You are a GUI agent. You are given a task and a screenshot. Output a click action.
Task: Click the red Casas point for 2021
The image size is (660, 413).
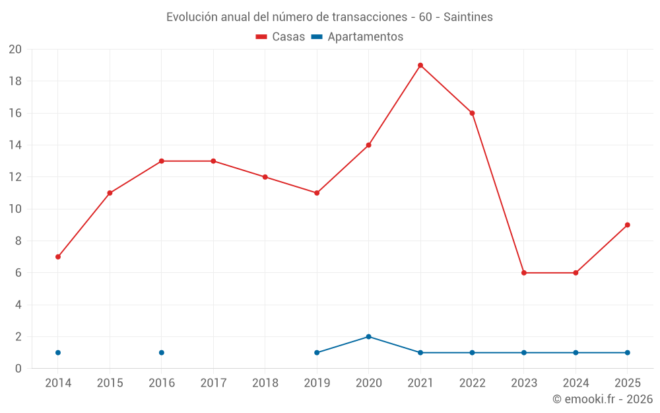pos(420,65)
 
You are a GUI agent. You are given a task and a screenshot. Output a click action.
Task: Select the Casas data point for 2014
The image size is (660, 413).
pos(58,256)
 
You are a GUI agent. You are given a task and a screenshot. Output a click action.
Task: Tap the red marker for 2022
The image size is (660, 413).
pos(472,113)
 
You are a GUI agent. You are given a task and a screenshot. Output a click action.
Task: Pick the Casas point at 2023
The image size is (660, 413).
pos(524,273)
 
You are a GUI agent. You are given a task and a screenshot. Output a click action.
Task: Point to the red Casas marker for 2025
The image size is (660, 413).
pos(627,225)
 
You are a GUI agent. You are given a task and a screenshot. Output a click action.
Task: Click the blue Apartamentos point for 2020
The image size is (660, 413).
pos(368,336)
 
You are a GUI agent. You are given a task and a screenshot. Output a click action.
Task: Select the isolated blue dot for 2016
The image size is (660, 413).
pos(162,352)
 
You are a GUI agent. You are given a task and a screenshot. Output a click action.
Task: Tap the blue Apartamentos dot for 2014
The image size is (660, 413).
pos(58,352)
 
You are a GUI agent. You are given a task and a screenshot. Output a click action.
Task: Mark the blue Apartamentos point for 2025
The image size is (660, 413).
pos(627,352)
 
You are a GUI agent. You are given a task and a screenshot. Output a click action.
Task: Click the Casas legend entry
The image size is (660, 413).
pos(280,37)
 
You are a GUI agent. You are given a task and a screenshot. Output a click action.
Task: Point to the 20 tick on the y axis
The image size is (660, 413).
pos(15,50)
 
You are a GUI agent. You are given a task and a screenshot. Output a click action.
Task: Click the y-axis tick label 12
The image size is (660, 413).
pos(15,177)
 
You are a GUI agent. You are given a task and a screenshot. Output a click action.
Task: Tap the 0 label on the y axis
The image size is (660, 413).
pos(18,369)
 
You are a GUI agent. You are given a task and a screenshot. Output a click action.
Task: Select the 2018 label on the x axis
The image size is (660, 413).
pos(265,383)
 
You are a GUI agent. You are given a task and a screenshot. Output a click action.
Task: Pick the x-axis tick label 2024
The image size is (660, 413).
pos(576,383)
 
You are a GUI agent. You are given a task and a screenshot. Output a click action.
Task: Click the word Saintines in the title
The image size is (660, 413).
pos(468,17)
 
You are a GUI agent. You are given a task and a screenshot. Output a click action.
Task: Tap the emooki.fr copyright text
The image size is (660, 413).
pos(602,399)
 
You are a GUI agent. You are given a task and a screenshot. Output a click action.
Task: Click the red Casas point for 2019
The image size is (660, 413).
pos(317,193)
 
